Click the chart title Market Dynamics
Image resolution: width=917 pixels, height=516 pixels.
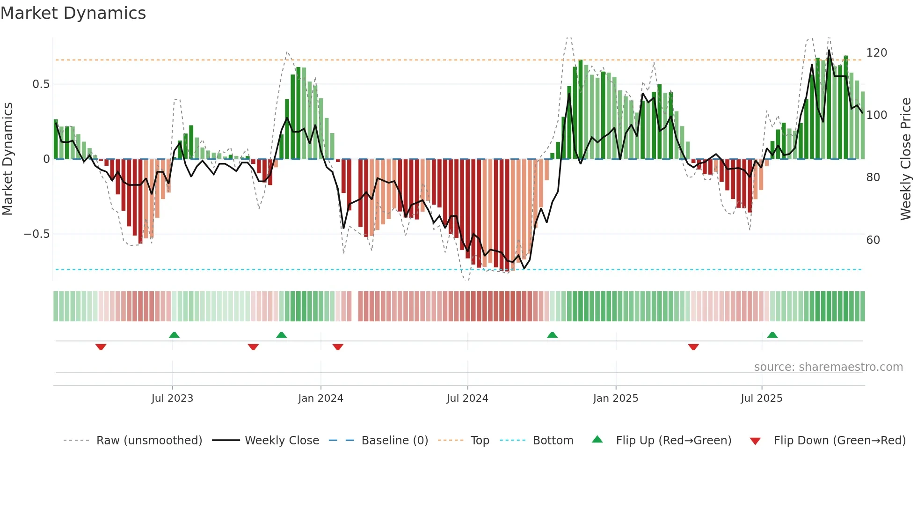pyautogui.click(x=73, y=13)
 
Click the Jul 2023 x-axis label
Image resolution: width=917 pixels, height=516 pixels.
pyautogui.click(x=172, y=398)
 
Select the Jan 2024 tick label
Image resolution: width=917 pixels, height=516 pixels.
pyautogui.click(x=320, y=398)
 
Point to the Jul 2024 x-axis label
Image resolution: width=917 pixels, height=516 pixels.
pyautogui.click(x=467, y=398)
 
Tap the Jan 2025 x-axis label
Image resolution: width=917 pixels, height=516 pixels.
pyautogui.click(x=615, y=398)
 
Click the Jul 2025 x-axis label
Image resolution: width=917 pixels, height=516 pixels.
pyautogui.click(x=761, y=398)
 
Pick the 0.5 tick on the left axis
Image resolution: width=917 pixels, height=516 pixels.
pyautogui.click(x=41, y=84)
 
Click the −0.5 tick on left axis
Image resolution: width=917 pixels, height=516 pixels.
pyautogui.click(x=36, y=234)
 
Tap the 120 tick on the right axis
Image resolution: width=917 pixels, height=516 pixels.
pyautogui.click(x=876, y=53)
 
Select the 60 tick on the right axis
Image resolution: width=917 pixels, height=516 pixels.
pyautogui.click(x=873, y=240)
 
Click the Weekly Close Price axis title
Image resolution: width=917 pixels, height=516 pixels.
pyautogui.click(x=906, y=159)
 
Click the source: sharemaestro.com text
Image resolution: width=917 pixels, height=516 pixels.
pyautogui.click(x=828, y=367)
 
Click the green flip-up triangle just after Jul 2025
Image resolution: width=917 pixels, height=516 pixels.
pyautogui.click(x=772, y=335)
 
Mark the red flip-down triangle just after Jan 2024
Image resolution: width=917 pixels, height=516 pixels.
pyautogui.click(x=338, y=347)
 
